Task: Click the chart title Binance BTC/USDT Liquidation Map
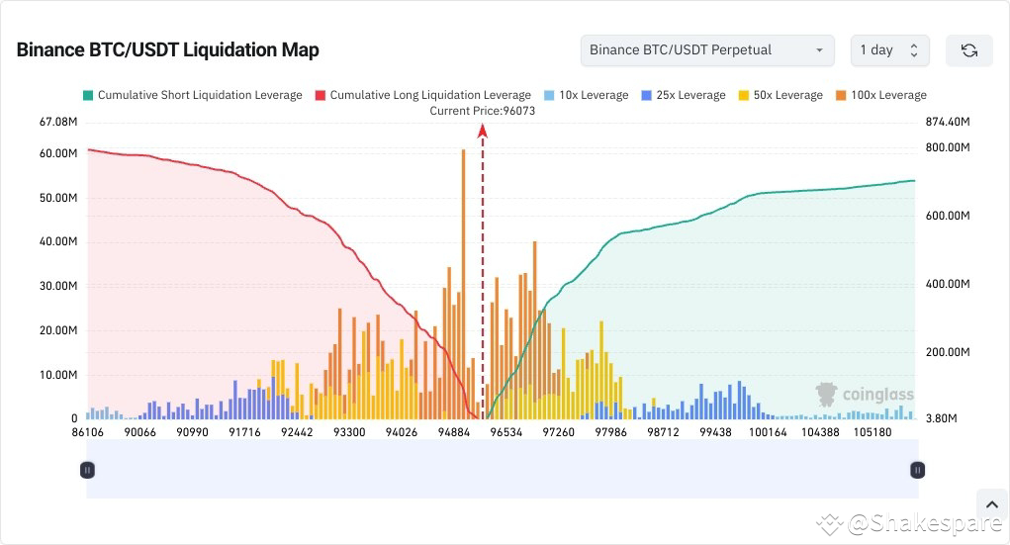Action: coord(167,50)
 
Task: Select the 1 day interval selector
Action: coord(889,50)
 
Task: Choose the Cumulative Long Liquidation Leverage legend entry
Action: coord(422,95)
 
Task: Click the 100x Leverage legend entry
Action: coord(880,95)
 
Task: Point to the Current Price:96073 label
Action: coord(482,111)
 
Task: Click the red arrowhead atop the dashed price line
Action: coord(483,131)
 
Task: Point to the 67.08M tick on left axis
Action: coord(58,123)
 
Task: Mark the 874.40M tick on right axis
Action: coord(947,123)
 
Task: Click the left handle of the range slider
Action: coord(87,471)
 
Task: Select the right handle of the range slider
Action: coord(918,471)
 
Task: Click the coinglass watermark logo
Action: coord(864,395)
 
